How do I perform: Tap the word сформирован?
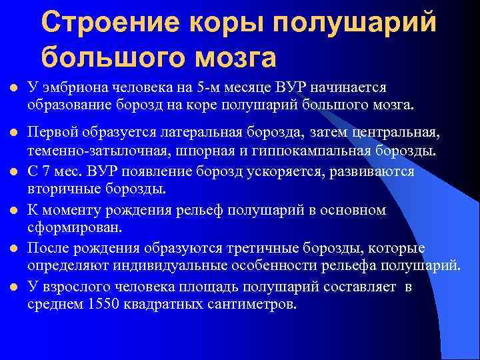[74, 229]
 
